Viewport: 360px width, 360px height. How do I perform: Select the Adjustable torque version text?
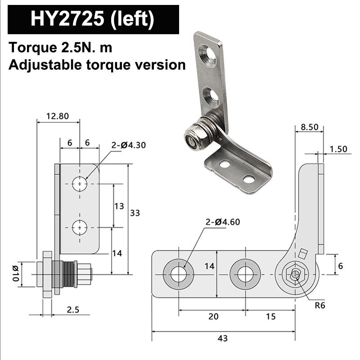coord(97,65)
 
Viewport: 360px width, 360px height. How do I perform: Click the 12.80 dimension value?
coord(58,116)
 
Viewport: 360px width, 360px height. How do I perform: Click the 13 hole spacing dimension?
coord(119,206)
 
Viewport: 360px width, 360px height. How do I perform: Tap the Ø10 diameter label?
coord(15,274)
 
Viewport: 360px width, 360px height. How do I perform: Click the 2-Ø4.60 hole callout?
coord(222,222)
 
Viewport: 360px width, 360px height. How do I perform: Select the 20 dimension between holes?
coord(213,316)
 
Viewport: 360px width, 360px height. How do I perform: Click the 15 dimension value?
coord(270,316)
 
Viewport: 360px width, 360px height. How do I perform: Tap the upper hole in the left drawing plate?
coord(80,184)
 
